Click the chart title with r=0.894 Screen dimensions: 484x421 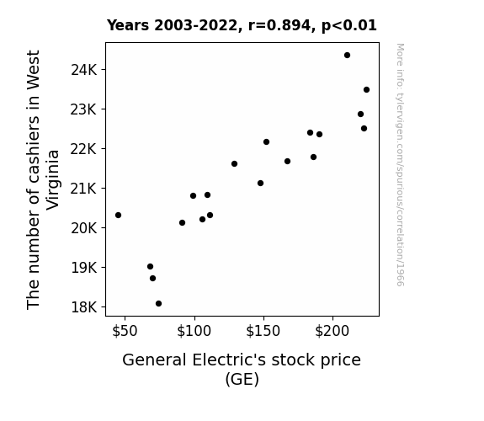click(242, 25)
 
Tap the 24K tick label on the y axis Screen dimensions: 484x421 click(83, 70)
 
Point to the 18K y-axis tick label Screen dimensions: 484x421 click(83, 307)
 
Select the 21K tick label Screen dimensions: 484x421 click(83, 189)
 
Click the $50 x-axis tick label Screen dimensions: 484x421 click(125, 331)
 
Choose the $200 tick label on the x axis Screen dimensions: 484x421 click(332, 331)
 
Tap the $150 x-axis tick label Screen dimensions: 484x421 click(263, 331)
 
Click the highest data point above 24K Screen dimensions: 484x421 click(347, 56)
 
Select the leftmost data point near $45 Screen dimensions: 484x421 click(118, 215)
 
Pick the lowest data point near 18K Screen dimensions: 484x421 click(158, 304)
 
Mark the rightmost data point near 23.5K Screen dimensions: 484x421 click(366, 89)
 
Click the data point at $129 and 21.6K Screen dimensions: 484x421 click(234, 163)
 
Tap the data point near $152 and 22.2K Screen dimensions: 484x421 click(266, 141)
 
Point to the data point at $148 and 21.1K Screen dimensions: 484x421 click(261, 184)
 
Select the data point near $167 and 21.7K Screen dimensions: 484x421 click(287, 161)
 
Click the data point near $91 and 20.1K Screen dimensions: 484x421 click(182, 222)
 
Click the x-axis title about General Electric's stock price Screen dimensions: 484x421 click(242, 370)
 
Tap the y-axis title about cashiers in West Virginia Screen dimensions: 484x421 click(43, 179)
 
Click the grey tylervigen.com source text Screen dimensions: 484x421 click(401, 165)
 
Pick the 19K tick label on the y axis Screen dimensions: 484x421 click(83, 268)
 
